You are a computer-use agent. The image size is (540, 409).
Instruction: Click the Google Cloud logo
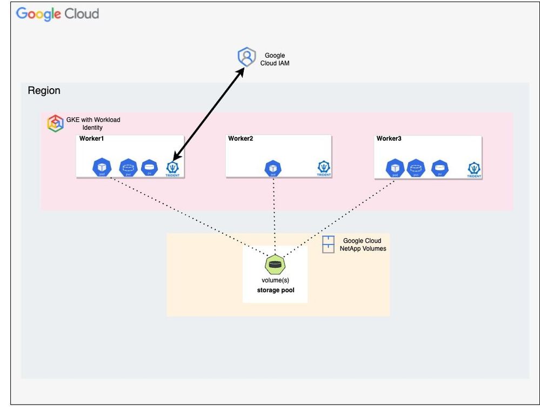[x=57, y=14]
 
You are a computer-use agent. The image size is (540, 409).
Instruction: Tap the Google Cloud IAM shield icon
[x=246, y=57]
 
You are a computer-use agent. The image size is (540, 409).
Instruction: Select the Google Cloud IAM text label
[x=275, y=60]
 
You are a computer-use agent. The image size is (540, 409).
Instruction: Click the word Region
[x=44, y=90]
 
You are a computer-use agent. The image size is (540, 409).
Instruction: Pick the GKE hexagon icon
[x=56, y=123]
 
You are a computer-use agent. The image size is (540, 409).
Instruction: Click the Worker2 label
[x=241, y=138]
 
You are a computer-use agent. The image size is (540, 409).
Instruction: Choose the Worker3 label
[x=389, y=138]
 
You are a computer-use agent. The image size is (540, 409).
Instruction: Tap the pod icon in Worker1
[x=102, y=167]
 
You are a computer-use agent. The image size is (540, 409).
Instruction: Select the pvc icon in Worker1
[x=128, y=167]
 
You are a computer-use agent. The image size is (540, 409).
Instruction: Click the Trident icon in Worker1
[x=173, y=168]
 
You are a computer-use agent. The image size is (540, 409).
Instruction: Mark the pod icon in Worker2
[x=274, y=168]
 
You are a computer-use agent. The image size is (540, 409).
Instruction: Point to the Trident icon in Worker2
[x=324, y=168]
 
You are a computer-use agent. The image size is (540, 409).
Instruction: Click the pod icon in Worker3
[x=395, y=168]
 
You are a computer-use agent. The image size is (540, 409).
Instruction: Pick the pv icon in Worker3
[x=441, y=168]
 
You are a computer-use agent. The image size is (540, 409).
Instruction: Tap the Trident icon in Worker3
[x=474, y=169]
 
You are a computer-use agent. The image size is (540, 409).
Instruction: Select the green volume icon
[x=275, y=265]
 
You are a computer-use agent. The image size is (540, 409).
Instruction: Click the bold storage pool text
[x=275, y=291]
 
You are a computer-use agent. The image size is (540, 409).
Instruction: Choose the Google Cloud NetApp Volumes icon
[x=328, y=245]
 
